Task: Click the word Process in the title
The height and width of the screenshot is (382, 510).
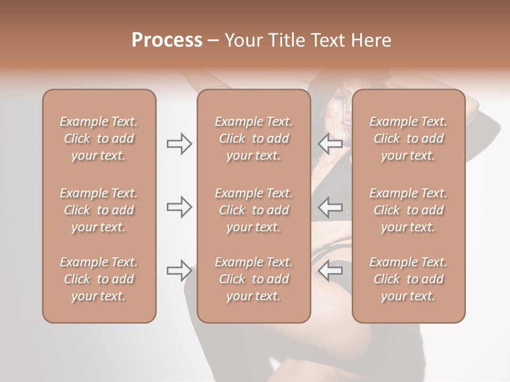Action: pos(167,40)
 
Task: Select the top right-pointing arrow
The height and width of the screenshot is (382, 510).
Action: pos(179,144)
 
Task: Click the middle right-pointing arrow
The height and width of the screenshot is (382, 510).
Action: pos(179,206)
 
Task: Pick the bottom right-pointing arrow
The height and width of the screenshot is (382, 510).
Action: pos(179,271)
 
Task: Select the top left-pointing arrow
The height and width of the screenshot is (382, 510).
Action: pos(330,144)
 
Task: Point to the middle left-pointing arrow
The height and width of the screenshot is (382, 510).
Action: pos(330,206)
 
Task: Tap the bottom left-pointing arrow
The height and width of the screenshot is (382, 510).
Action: pos(330,271)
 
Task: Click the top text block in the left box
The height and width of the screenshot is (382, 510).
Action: pos(99,138)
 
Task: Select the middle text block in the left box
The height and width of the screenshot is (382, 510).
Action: pos(99,210)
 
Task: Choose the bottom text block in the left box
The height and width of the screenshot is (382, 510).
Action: pos(99,279)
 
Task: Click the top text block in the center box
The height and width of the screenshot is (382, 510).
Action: pos(253,138)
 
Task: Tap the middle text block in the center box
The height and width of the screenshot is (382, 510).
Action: pos(253,210)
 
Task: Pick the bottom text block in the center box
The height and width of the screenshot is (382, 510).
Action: pos(253,279)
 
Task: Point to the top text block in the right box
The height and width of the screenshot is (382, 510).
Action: pos(408,138)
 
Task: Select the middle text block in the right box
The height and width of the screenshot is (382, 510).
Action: pos(408,210)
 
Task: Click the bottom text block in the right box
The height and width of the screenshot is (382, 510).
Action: pos(408,279)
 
